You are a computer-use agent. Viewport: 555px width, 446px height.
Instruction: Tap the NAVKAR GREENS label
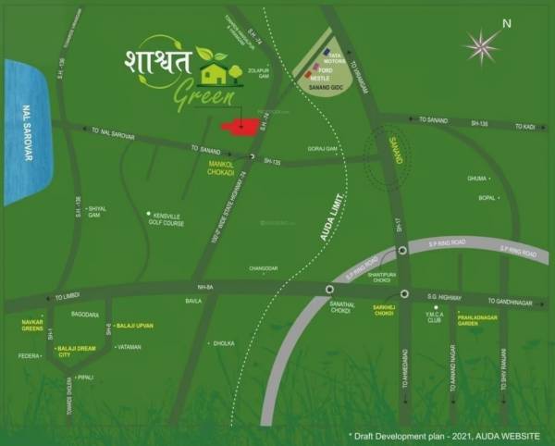[x=32, y=324]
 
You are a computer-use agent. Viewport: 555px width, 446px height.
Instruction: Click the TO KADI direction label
[x=526, y=127]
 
